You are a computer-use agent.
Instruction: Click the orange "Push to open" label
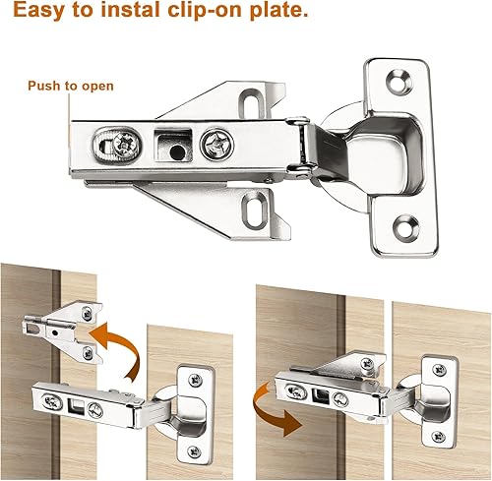coord(70,86)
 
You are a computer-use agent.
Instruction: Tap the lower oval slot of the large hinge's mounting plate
coord(258,205)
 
